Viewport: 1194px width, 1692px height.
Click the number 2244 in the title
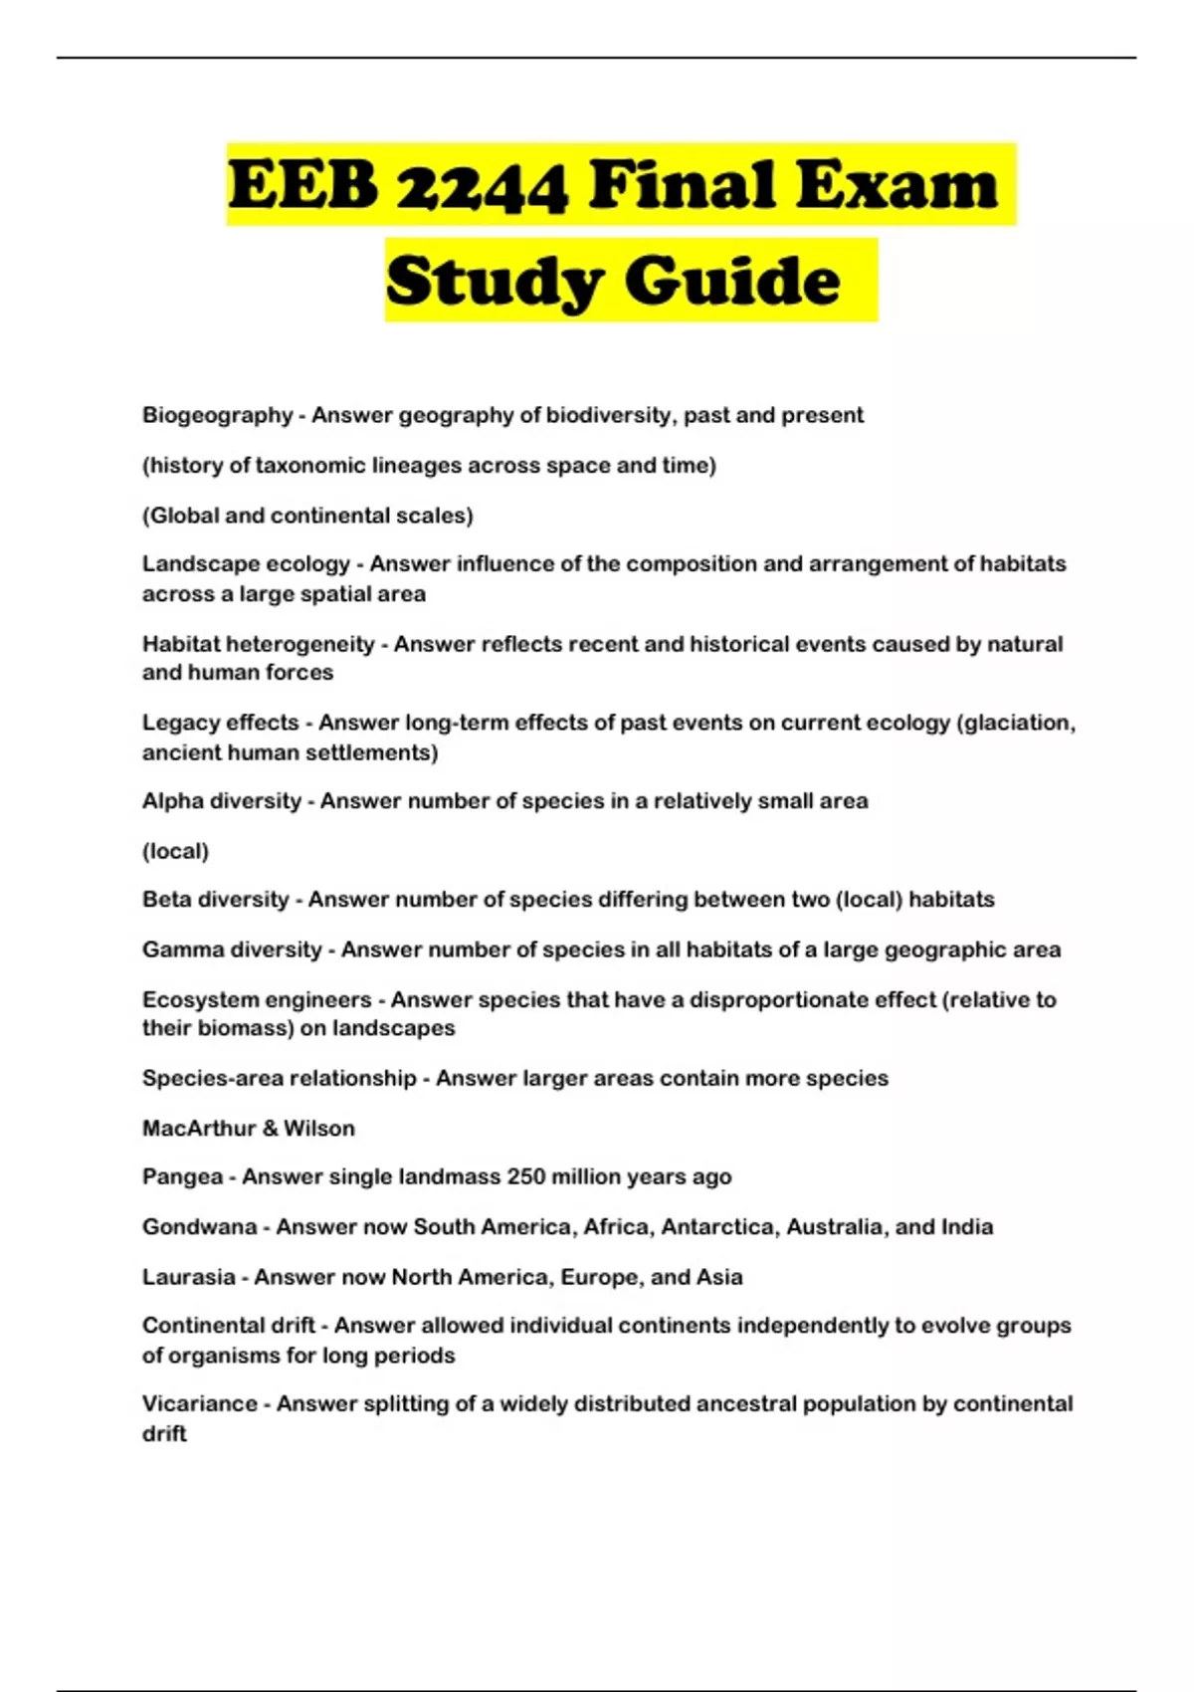coord(482,186)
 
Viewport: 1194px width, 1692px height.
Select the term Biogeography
coord(217,415)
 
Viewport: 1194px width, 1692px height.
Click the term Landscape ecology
coord(246,564)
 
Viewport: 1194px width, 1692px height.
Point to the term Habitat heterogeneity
coord(259,644)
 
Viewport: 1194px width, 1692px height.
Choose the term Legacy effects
coord(220,723)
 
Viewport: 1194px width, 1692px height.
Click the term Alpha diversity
coord(221,801)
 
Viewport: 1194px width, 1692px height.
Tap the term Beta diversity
coord(215,900)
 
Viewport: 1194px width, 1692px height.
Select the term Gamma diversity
coord(232,950)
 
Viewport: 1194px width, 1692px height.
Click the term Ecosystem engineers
coord(257,999)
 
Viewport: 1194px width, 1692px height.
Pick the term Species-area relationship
coord(279,1078)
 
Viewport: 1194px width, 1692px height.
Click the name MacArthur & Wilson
coord(248,1129)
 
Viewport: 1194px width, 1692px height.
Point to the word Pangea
coord(182,1177)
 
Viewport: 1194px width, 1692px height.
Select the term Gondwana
coord(199,1227)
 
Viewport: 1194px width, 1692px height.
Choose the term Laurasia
coord(188,1277)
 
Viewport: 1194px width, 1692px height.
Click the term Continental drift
coord(228,1326)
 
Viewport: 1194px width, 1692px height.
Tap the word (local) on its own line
coord(175,851)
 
